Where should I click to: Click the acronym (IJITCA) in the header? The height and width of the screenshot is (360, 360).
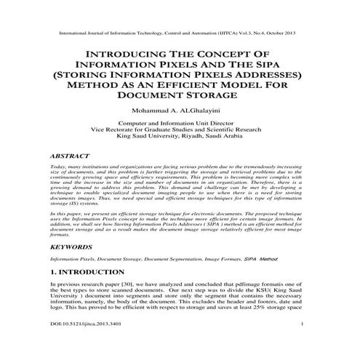pyautogui.click(x=221, y=33)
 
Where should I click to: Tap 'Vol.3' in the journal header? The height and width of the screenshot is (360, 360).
pyautogui.click(x=244, y=33)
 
